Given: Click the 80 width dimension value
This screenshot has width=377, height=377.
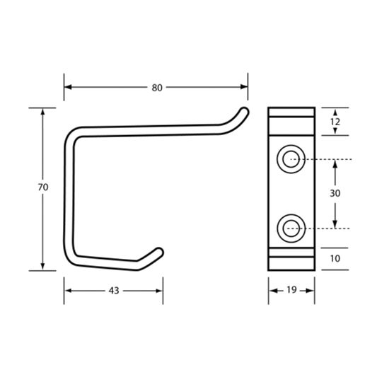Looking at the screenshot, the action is pos(157,88).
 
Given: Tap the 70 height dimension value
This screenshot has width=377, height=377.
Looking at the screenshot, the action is pos(43,187).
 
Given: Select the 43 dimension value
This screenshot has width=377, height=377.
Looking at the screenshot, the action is pos(114,291).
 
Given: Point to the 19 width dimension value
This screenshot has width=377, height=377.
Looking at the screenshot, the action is pos(291,290).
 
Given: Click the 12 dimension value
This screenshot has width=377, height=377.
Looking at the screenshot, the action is pos(335,122).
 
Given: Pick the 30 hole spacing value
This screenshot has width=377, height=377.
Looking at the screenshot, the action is pos(335,193).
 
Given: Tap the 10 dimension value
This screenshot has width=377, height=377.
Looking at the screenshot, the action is pos(335,258).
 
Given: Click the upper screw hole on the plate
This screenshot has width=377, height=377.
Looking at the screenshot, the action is pos(291,159).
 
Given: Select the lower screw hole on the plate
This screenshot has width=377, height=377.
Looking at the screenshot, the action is pos(291,228).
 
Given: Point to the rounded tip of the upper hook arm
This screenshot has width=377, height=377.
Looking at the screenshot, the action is pos(245,112).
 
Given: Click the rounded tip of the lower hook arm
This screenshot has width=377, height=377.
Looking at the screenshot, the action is pos(159,252).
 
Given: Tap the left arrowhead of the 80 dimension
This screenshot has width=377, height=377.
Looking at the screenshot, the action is pos(68,87).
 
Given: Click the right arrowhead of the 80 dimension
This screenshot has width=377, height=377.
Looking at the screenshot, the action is pos(244,87).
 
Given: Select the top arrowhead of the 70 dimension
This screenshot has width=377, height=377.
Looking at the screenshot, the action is pos(43,112).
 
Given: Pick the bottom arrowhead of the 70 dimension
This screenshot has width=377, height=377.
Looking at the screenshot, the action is pos(43,267).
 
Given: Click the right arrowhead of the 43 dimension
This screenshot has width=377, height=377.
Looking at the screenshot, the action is pos(159,291).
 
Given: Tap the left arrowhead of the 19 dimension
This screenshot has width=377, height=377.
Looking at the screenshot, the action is pos(273,291).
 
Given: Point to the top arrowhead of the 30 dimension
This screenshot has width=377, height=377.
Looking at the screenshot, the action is pos(335,163).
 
